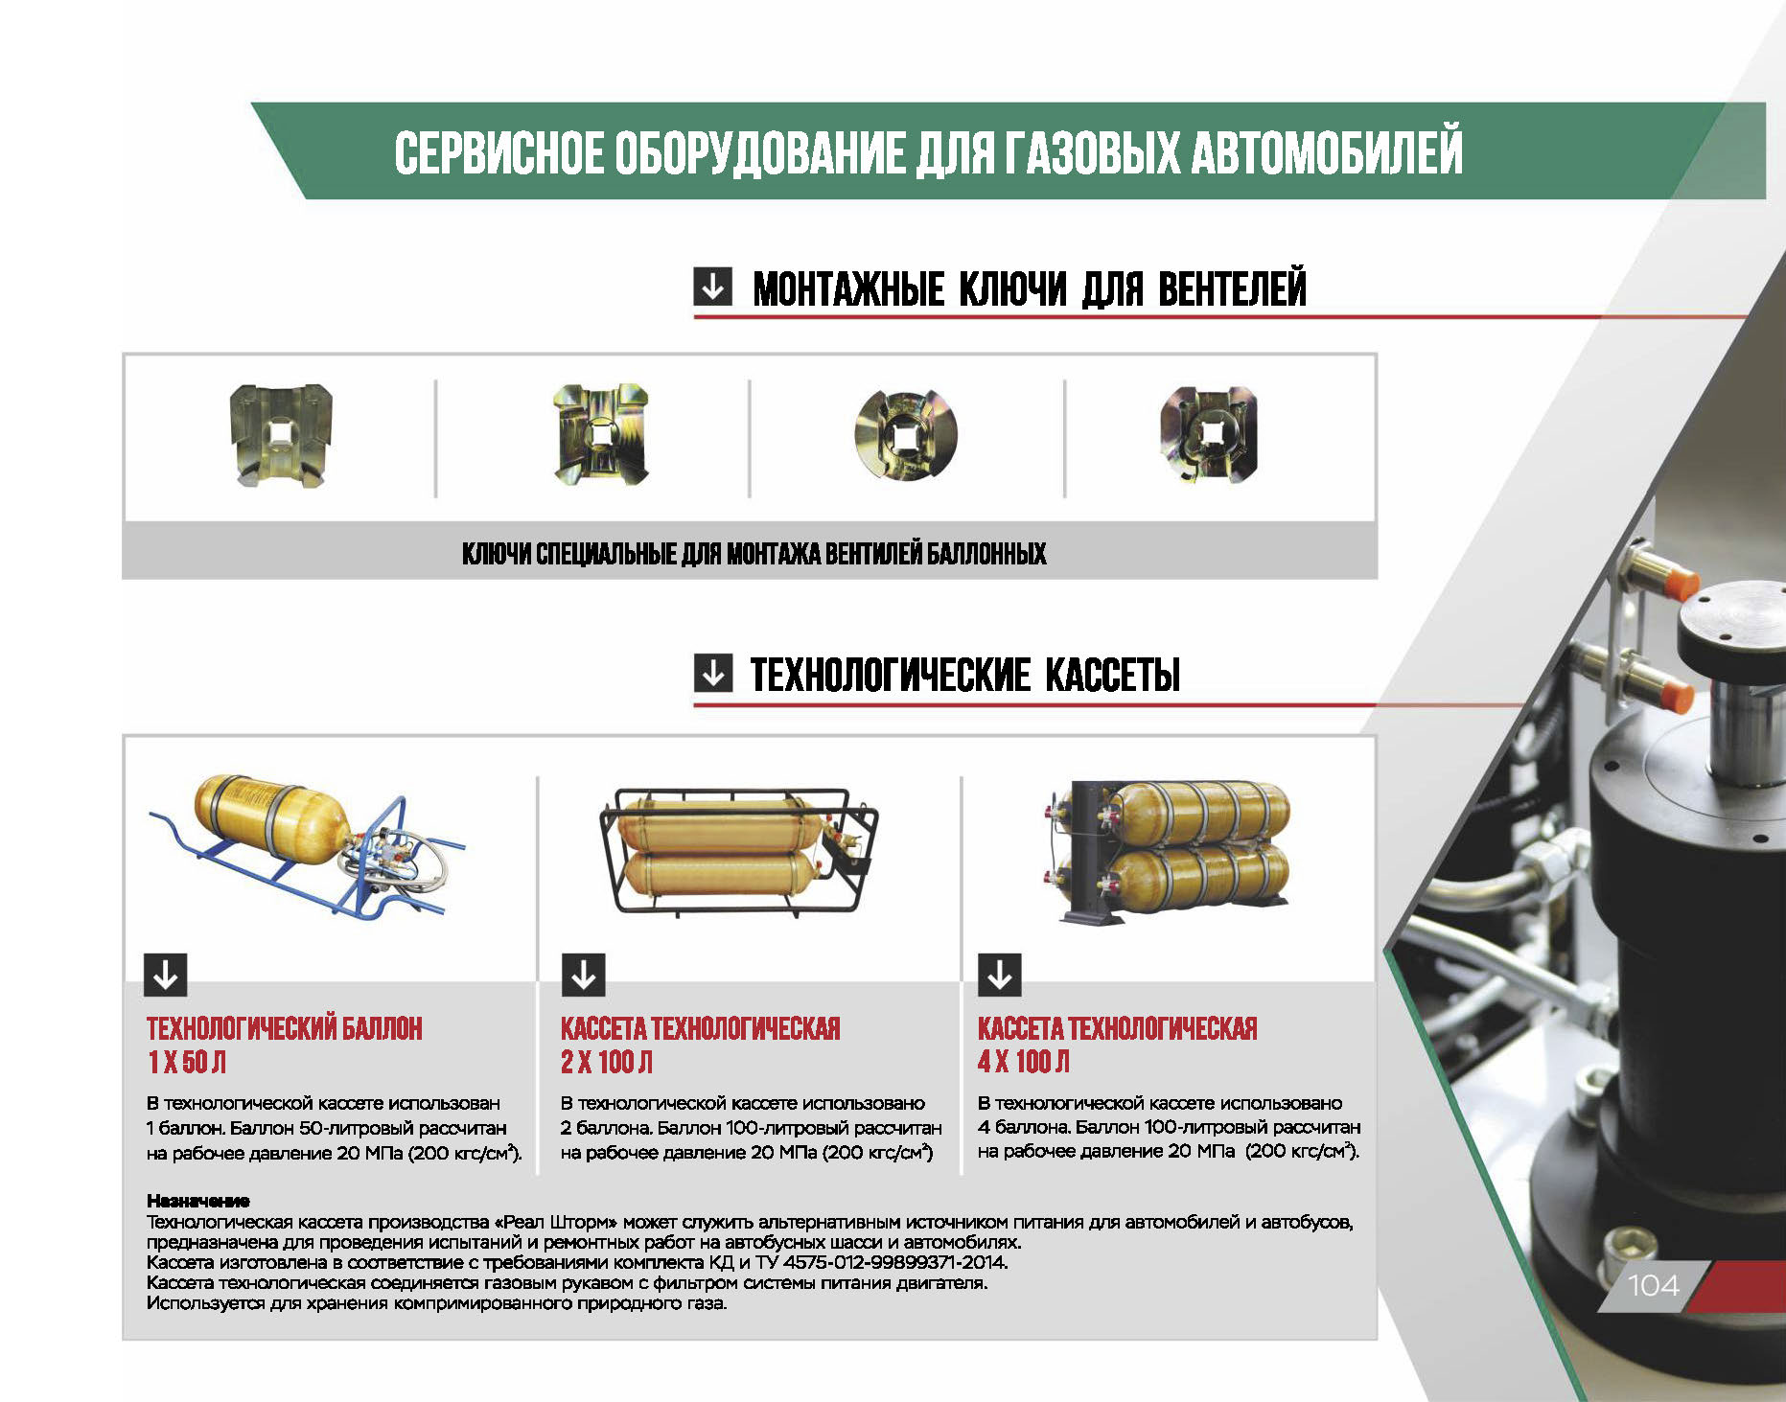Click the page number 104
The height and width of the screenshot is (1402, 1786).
point(1653,1285)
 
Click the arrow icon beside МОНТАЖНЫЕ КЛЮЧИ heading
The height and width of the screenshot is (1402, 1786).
point(712,286)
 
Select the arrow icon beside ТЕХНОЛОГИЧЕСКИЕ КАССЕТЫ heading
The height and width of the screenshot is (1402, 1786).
point(712,673)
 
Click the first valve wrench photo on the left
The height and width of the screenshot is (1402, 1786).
point(281,435)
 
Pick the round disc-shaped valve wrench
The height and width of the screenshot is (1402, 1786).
point(906,435)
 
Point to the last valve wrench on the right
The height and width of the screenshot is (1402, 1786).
point(1208,435)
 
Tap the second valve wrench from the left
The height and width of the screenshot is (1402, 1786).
point(601,434)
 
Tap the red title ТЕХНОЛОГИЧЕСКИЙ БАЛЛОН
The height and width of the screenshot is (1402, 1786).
point(284,1028)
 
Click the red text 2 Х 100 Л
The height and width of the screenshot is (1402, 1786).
point(606,1062)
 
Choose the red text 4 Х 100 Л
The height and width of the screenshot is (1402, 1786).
point(1023,1062)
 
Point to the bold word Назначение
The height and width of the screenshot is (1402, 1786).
point(197,1201)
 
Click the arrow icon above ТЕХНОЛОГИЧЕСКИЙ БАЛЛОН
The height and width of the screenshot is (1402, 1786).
point(166,975)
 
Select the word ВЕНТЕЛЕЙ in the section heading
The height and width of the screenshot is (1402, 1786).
point(1232,288)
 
